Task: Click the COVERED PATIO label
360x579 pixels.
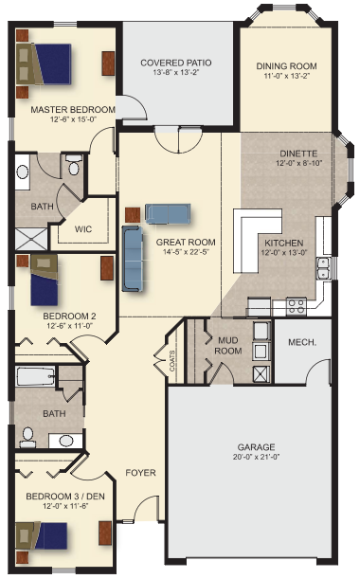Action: click(x=176, y=63)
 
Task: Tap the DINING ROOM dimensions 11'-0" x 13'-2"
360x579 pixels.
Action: click(x=286, y=76)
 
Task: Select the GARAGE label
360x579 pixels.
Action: click(x=256, y=447)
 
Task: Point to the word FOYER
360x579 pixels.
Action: click(x=140, y=473)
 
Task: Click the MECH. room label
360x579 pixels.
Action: click(x=302, y=342)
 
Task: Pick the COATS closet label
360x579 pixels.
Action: click(x=172, y=360)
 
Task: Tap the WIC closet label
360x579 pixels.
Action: click(x=83, y=229)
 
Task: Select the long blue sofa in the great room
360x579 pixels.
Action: click(x=133, y=259)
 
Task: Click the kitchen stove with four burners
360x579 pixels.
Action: click(x=297, y=306)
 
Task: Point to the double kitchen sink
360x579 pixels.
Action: click(x=323, y=268)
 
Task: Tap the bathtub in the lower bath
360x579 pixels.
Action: click(x=36, y=376)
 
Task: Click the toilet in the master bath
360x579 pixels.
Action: click(x=74, y=165)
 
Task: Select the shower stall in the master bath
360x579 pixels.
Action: click(x=31, y=240)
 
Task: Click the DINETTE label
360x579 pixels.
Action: click(x=298, y=154)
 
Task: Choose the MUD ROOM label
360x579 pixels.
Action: click(x=228, y=345)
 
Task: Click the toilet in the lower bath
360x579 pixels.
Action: click(x=27, y=437)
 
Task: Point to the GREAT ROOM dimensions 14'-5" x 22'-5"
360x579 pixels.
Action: click(x=186, y=252)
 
